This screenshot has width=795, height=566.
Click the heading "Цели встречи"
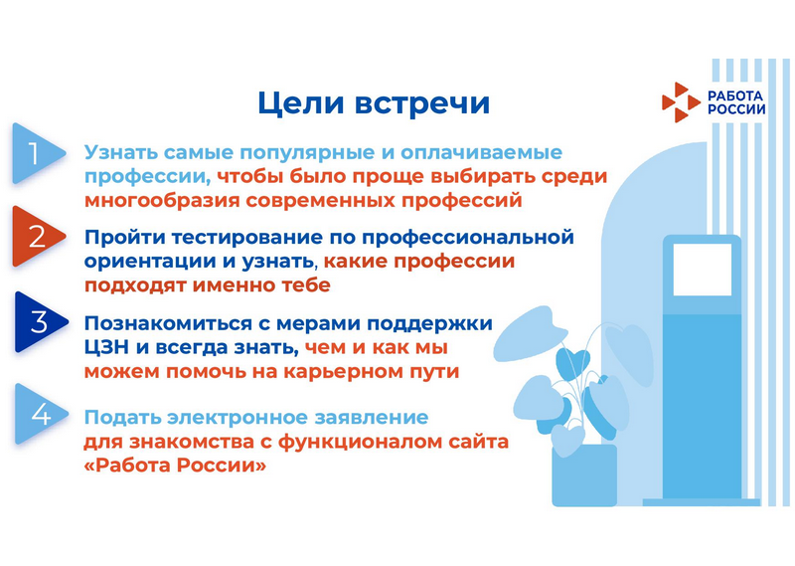(x=374, y=103)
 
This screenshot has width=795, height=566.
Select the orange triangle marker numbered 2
(x=38, y=237)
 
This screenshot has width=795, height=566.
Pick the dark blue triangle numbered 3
(x=41, y=322)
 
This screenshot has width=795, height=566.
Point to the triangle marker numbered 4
(x=41, y=414)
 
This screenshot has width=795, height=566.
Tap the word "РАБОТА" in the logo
(x=735, y=95)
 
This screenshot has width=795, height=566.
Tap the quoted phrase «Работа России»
(x=175, y=466)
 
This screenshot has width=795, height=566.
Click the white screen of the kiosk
(x=703, y=270)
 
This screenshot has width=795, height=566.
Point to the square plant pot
(x=584, y=475)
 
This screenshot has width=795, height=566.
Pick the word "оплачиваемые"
(x=482, y=152)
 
